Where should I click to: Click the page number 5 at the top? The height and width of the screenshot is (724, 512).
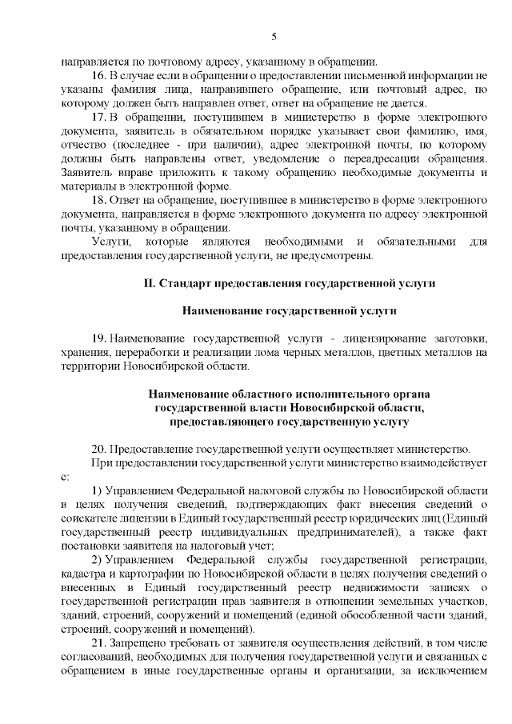pos(274,36)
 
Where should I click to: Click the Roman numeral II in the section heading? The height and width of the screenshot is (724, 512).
pos(148,283)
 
